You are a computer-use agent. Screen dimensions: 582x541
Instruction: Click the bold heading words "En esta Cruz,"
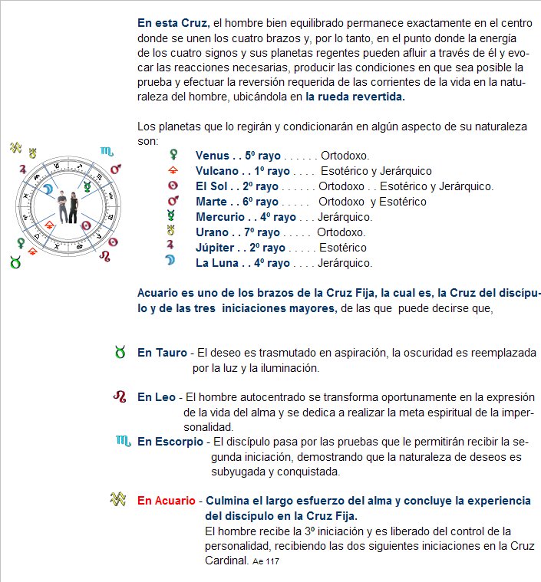click(x=173, y=21)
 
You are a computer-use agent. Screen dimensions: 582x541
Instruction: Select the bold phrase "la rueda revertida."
click(x=355, y=97)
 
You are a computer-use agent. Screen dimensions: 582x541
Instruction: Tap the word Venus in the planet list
click(x=212, y=155)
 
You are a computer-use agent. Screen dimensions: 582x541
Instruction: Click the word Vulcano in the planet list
click(x=217, y=170)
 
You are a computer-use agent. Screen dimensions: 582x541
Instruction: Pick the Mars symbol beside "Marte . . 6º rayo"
click(x=173, y=202)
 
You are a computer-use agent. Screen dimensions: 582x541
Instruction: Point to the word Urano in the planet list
click(x=212, y=232)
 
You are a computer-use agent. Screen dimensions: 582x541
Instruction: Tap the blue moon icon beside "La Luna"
click(x=173, y=263)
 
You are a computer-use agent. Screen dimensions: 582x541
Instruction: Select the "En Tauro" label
click(x=163, y=353)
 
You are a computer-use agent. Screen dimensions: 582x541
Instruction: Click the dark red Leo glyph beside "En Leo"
click(x=120, y=397)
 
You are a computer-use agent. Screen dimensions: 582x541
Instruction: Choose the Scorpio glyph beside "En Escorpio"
click(x=123, y=442)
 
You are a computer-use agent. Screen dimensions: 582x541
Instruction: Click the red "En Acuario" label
click(x=167, y=501)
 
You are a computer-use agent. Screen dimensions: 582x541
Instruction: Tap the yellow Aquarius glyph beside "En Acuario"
click(x=117, y=499)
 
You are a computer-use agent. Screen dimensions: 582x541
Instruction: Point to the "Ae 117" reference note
click(x=266, y=562)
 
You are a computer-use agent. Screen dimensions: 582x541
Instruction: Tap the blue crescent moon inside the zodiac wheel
click(x=48, y=188)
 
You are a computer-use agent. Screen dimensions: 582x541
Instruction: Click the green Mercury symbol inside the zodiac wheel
click(x=89, y=186)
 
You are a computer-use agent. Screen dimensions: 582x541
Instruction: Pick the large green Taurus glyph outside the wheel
click(x=15, y=262)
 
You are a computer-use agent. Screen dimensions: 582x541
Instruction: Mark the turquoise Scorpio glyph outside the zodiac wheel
click(x=105, y=151)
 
